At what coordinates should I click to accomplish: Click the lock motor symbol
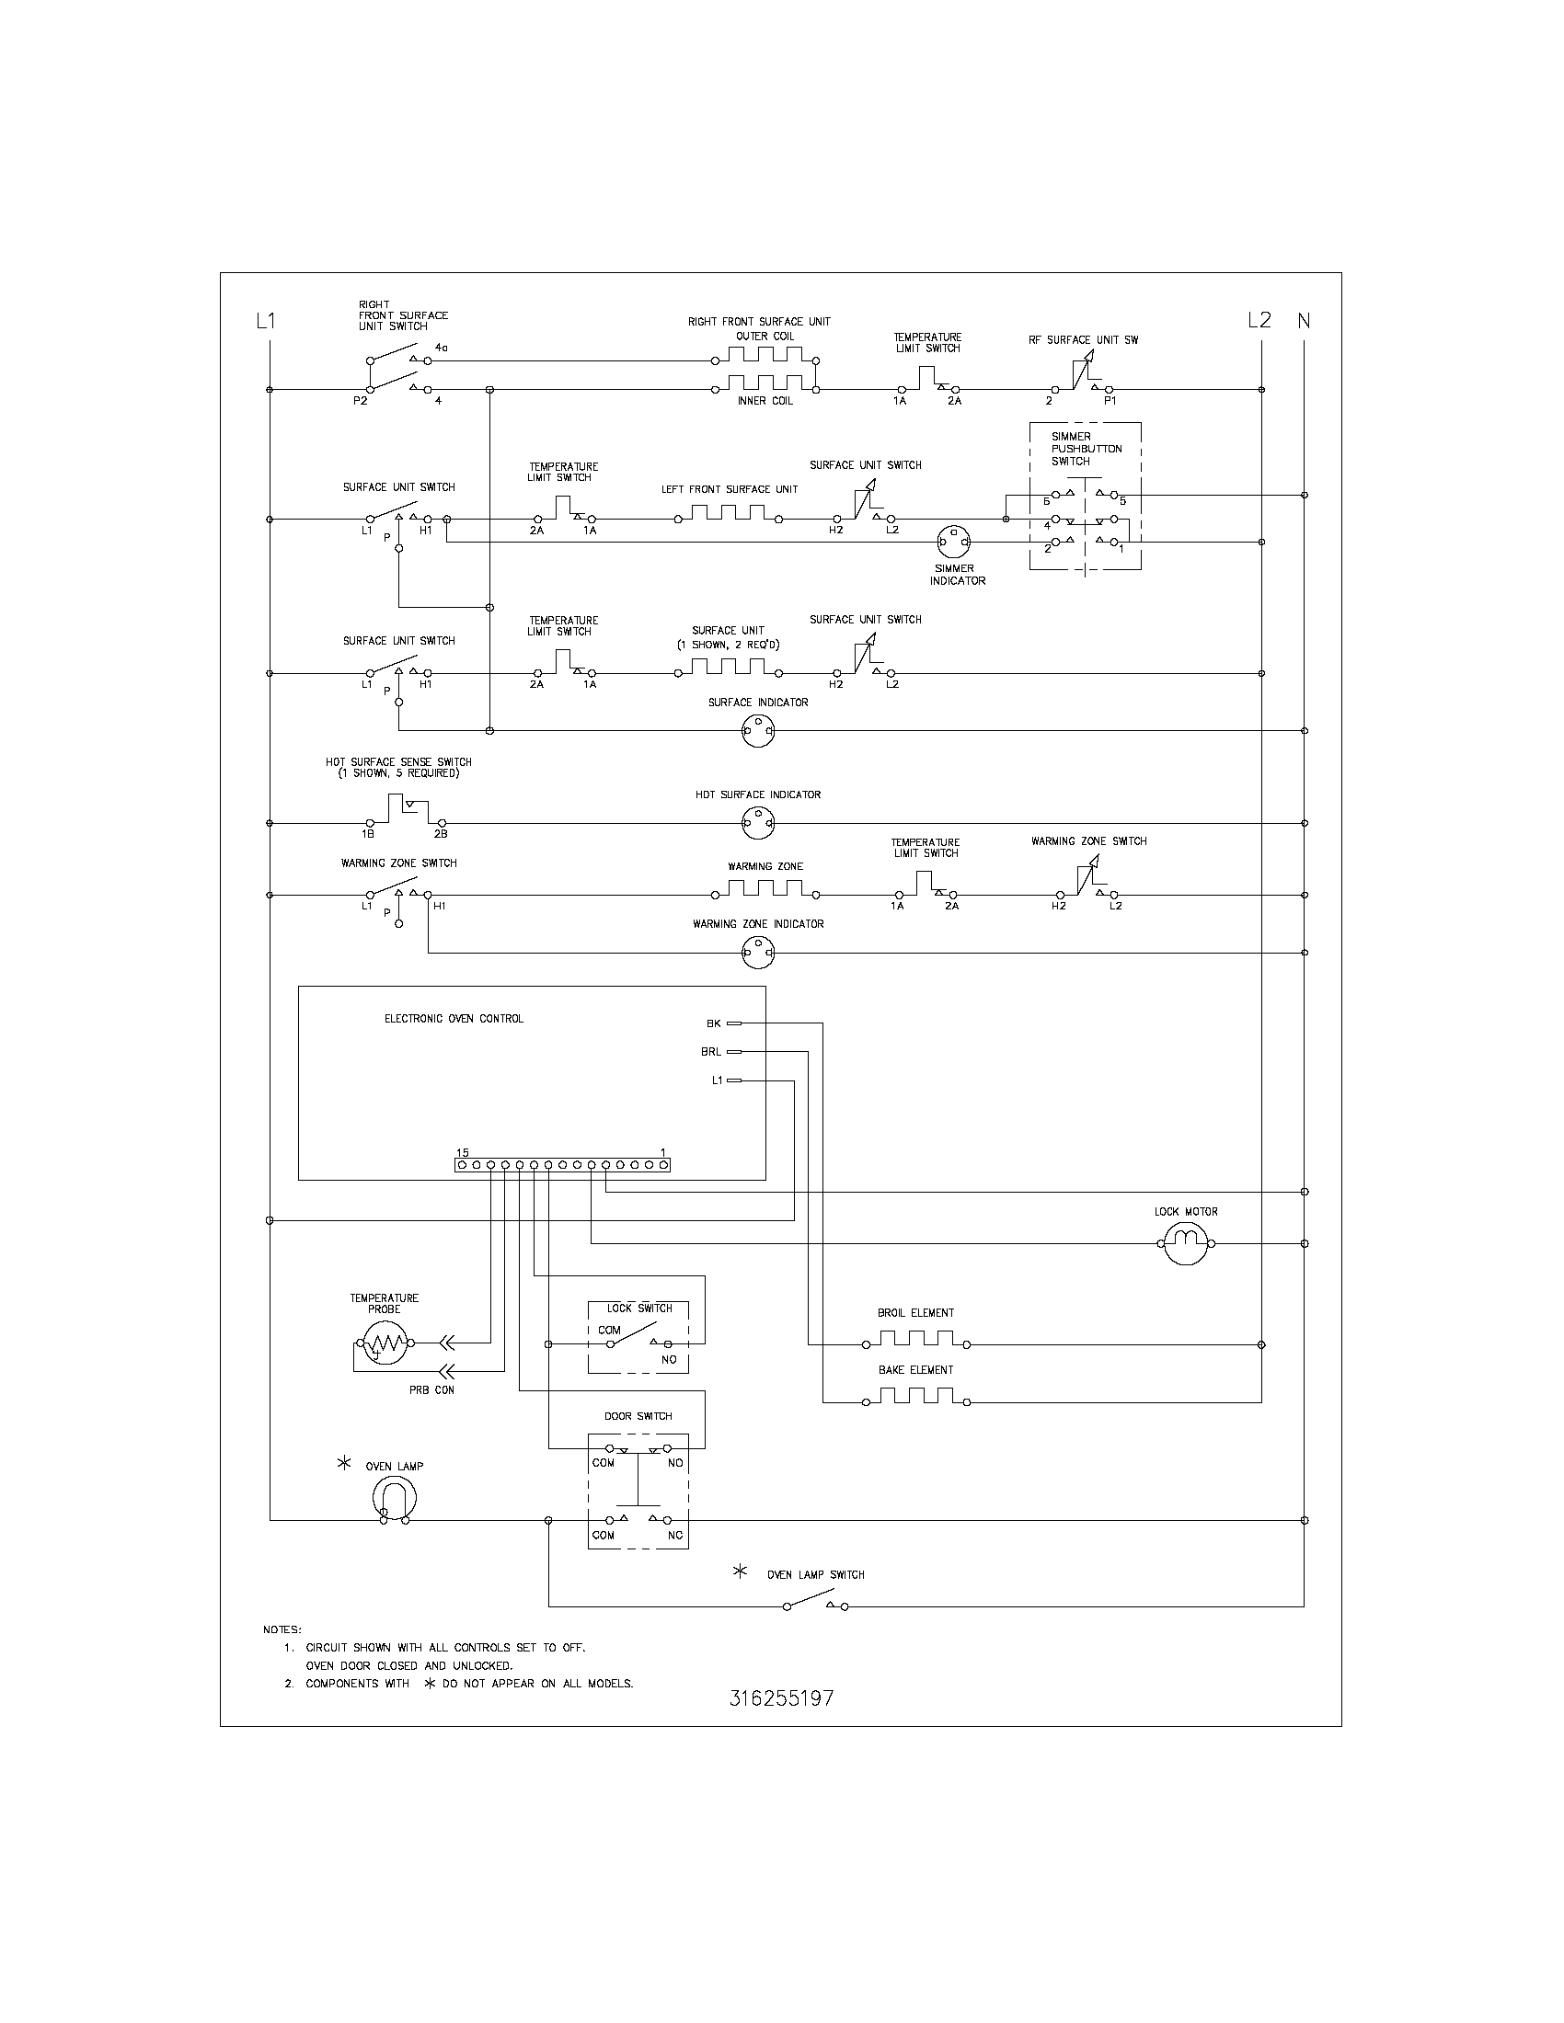click(1186, 1244)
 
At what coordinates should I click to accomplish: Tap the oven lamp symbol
click(395, 1498)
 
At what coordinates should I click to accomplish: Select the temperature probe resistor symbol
click(385, 1343)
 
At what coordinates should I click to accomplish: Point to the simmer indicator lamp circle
click(954, 542)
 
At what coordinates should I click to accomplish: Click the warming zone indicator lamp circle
click(758, 953)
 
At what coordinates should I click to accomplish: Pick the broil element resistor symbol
click(915, 1341)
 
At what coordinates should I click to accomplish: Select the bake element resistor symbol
click(915, 1398)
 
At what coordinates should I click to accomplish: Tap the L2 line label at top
click(1259, 321)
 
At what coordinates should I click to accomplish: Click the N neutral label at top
click(1304, 321)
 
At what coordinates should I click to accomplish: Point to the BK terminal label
click(712, 1023)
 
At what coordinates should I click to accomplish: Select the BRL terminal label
click(710, 1052)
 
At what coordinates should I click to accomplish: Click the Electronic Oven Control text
click(454, 1019)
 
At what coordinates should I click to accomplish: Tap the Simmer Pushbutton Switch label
click(1086, 449)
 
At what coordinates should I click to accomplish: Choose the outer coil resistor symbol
click(765, 357)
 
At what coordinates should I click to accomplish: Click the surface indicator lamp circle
click(758, 731)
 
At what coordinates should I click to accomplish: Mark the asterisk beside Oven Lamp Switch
click(740, 1572)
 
